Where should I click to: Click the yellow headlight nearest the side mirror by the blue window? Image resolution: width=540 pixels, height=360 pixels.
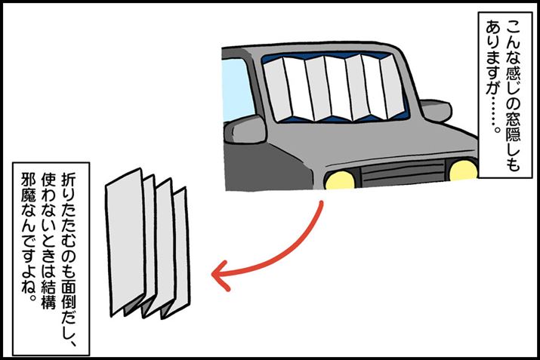coord(340,180)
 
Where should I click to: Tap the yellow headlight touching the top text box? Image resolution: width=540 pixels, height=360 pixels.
coord(464,170)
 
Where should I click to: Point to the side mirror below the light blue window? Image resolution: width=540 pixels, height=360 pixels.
coord(245,129)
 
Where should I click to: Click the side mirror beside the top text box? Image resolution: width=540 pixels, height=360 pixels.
coord(436,111)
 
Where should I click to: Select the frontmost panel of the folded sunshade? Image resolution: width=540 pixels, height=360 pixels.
coord(125,241)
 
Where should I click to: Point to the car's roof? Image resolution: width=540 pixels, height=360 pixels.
coord(310,48)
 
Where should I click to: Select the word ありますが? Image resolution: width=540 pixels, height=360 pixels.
coord(494,58)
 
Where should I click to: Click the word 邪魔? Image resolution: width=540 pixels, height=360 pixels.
coord(28,188)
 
